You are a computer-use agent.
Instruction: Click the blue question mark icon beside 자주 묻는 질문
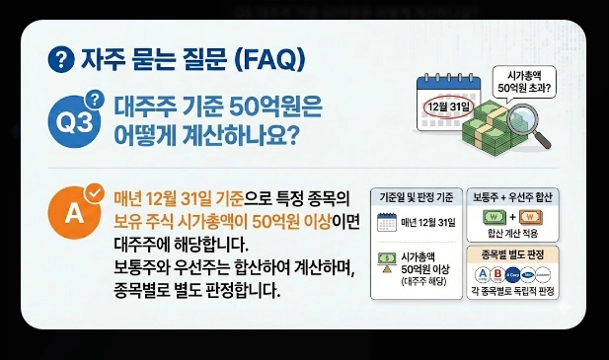click(x=61, y=60)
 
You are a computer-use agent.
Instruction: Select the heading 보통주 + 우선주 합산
click(x=511, y=195)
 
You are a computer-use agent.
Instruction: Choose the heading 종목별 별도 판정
click(x=511, y=252)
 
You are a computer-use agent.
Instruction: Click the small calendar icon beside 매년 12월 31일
click(x=386, y=222)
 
